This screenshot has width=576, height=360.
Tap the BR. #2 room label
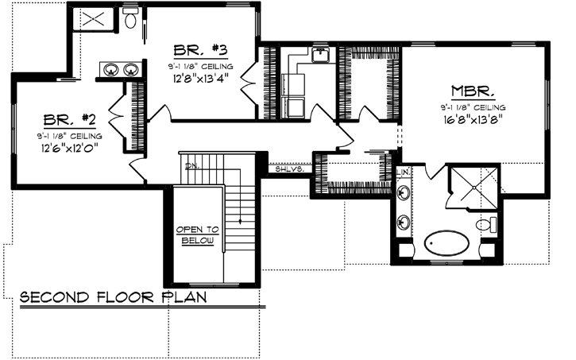pos(70,120)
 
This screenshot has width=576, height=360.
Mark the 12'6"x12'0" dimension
pos(70,148)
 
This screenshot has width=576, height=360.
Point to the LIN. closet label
pos(404,172)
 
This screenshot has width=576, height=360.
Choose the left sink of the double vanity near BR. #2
pos(110,69)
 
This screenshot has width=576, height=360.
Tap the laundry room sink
pos(321,55)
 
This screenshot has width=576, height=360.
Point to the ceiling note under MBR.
pos(475,106)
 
